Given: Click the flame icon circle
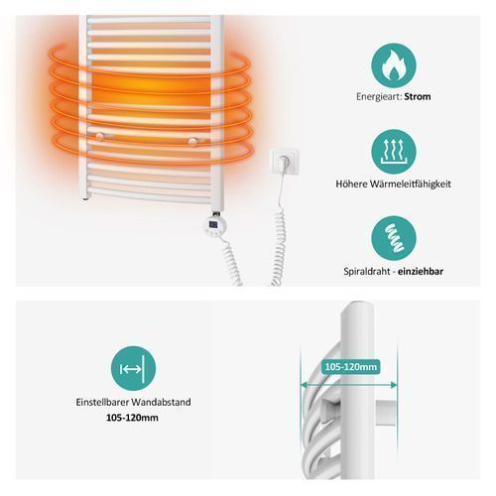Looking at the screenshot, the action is [x=394, y=65].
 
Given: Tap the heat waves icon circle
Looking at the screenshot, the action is [x=394, y=152].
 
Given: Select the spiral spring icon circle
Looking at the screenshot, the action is [x=394, y=238].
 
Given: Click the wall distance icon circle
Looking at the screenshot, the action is [x=133, y=368].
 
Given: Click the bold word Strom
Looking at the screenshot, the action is [x=418, y=97].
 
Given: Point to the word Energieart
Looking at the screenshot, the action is [x=379, y=97].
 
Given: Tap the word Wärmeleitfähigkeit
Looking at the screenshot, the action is [x=410, y=185].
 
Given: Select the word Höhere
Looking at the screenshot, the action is [x=351, y=185].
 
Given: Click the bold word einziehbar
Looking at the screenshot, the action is [x=421, y=272].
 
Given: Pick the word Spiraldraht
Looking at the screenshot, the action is [x=366, y=272].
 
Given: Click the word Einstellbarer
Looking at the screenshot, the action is [x=102, y=403].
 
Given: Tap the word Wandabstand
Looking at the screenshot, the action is [x=161, y=403].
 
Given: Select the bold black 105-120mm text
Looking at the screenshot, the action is [x=132, y=418].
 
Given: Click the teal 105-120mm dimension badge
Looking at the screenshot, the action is [x=351, y=367].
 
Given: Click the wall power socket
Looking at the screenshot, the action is [x=284, y=161].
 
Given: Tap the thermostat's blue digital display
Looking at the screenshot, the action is [x=213, y=225].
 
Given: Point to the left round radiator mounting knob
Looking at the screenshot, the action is [x=99, y=136].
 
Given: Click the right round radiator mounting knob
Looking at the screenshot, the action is [x=192, y=141].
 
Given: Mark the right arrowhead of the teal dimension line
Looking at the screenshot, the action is [x=394, y=385].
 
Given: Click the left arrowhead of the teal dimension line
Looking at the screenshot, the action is [x=304, y=385].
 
